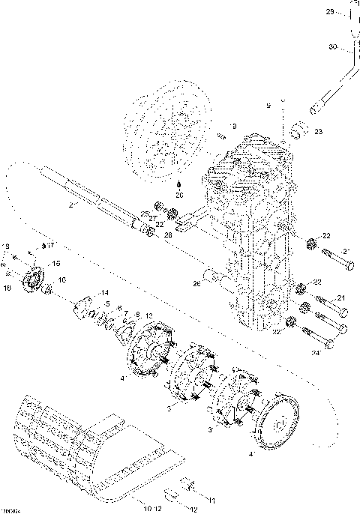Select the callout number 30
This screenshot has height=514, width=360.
tap(332, 48)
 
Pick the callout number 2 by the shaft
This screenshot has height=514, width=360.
tap(70, 204)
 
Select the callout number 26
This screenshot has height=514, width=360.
tap(196, 283)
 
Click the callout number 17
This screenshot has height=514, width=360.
tap(51, 244)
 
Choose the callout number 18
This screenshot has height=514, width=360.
tap(7, 287)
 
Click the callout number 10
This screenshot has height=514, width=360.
tap(146, 509)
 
